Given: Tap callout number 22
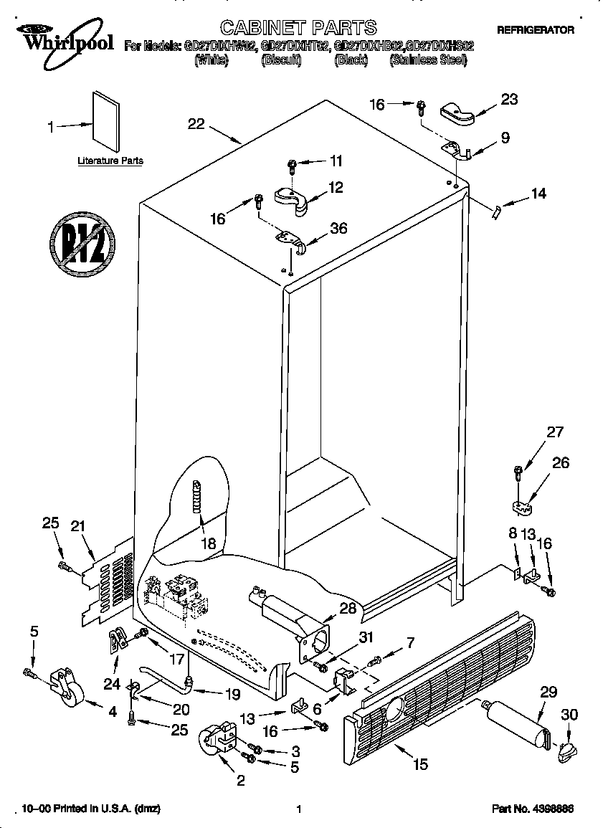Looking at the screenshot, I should (196, 124).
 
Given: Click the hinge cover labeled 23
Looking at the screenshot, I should (457, 110).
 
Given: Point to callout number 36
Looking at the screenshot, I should (338, 229).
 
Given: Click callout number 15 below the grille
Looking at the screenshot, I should (420, 764).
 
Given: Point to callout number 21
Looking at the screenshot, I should (78, 527).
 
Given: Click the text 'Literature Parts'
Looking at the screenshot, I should (110, 161).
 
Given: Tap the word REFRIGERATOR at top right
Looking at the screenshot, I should (536, 31).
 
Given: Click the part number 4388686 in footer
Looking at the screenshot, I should (553, 809).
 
